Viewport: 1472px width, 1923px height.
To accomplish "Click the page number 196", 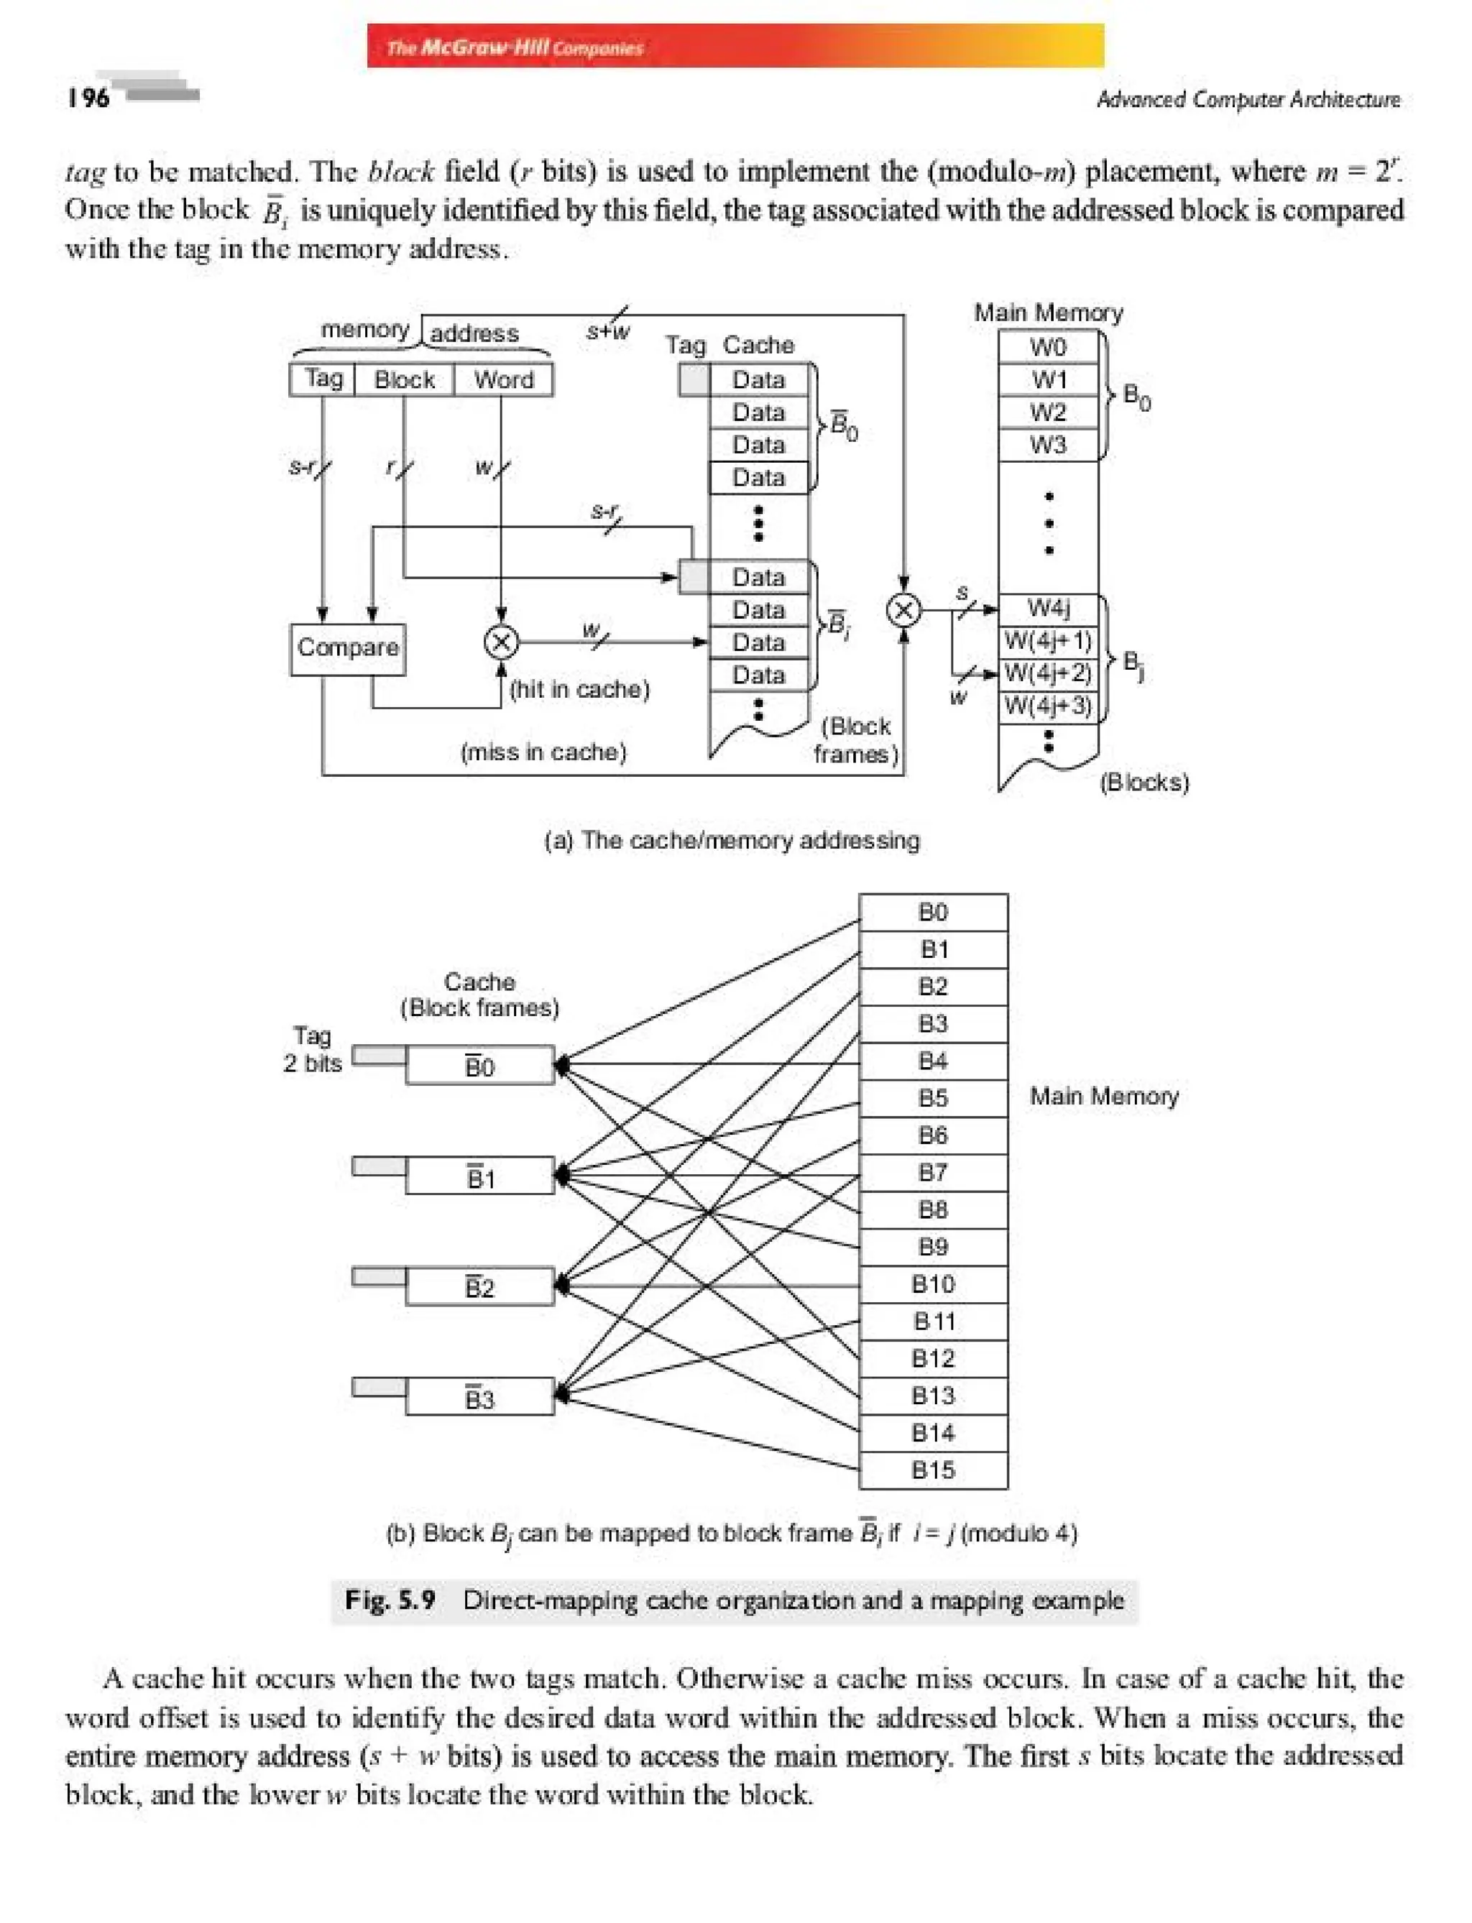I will tap(88, 97).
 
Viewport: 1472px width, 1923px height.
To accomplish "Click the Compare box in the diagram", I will tap(347, 648).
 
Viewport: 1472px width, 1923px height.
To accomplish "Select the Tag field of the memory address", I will tap(323, 379).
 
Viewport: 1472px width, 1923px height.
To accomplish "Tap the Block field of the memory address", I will tap(404, 379).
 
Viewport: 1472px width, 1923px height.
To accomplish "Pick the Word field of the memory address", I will tap(503, 379).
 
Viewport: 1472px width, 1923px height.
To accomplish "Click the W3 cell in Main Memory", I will tap(1048, 445).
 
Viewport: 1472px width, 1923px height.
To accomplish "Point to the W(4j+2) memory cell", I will tap(1048, 673).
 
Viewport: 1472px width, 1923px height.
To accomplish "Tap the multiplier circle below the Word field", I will tap(501, 643).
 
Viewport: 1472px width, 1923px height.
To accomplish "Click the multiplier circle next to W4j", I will tap(903, 610).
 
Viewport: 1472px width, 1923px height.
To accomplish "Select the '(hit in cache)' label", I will tap(579, 689).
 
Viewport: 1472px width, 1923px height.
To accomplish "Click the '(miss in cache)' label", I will tap(543, 752).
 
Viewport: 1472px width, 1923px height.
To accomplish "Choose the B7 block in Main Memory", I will tap(932, 1172).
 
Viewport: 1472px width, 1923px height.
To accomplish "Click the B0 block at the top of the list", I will tap(932, 912).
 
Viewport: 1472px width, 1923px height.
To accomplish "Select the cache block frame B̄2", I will tap(479, 1287).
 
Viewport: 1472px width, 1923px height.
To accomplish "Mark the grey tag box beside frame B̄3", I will tap(379, 1387).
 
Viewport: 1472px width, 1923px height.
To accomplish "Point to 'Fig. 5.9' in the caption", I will tap(390, 1600).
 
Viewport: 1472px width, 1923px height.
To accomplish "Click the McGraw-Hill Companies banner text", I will tap(515, 47).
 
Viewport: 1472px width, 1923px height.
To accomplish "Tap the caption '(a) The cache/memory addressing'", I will tap(732, 840).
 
